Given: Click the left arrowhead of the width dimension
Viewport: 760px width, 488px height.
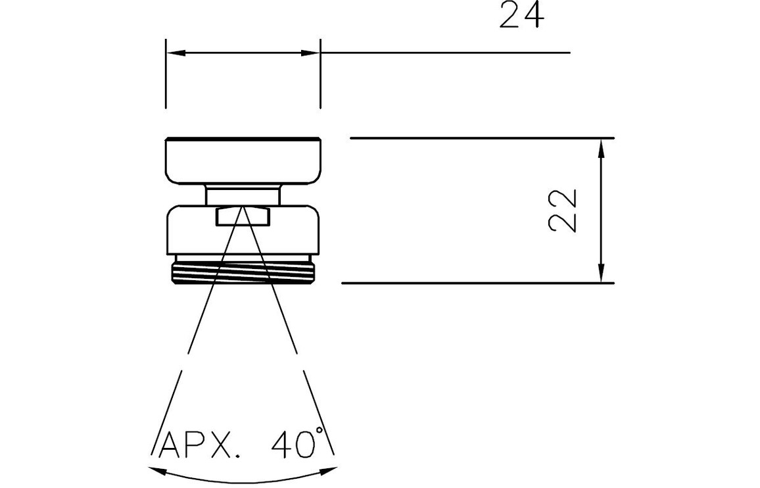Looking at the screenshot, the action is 176,53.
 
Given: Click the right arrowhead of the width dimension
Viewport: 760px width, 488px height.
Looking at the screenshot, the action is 310,53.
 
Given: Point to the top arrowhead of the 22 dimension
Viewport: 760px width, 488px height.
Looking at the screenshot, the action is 601,149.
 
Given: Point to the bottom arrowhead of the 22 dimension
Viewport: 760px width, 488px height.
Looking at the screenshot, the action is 601,272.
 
